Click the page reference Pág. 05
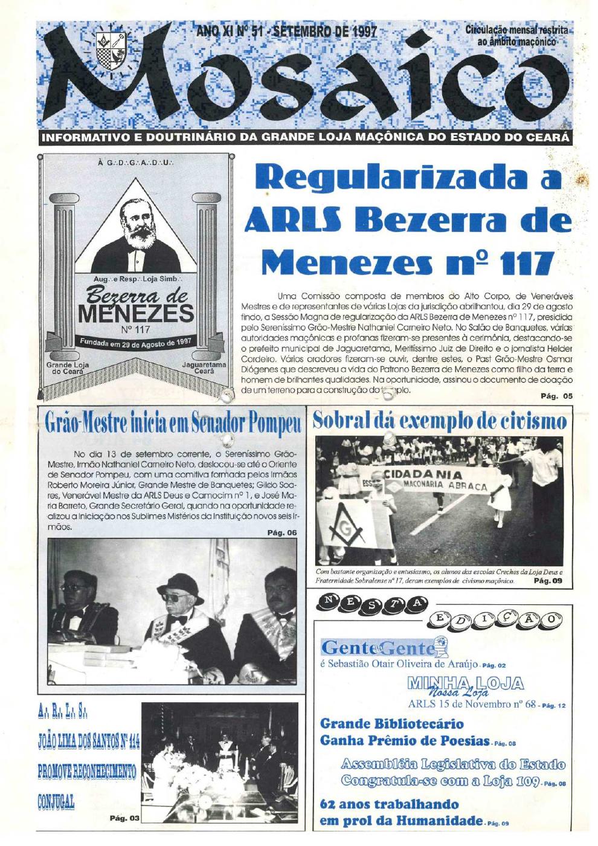coord(556,396)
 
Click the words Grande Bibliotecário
coord(392,723)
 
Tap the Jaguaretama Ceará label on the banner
coord(204,368)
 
